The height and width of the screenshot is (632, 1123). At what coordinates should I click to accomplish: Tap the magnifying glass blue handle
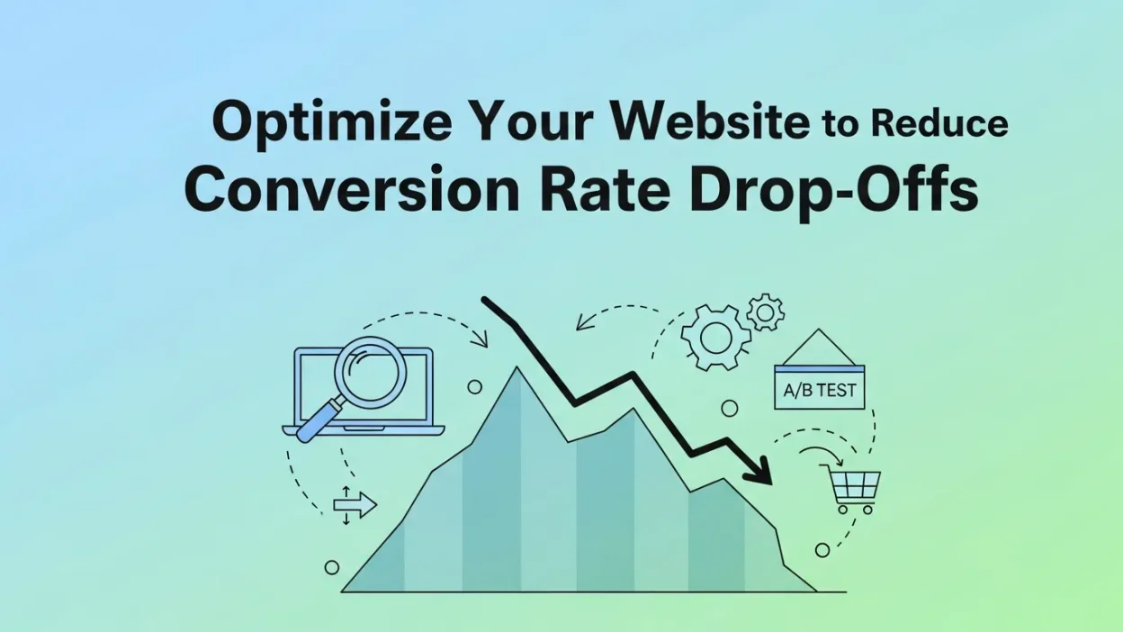click(316, 423)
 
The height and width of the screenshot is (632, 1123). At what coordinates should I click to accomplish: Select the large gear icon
click(714, 336)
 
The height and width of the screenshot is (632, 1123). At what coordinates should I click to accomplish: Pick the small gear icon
click(766, 312)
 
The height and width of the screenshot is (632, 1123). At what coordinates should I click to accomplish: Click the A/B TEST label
click(819, 392)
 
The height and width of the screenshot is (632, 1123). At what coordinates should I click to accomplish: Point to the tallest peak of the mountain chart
click(517, 370)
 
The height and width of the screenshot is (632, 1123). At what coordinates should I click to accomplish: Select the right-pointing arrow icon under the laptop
click(354, 505)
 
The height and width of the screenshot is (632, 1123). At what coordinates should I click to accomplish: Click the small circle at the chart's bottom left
click(332, 567)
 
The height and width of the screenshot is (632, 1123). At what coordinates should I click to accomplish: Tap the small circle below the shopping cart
click(822, 549)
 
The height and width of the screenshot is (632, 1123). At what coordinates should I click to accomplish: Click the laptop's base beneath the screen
click(364, 430)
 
